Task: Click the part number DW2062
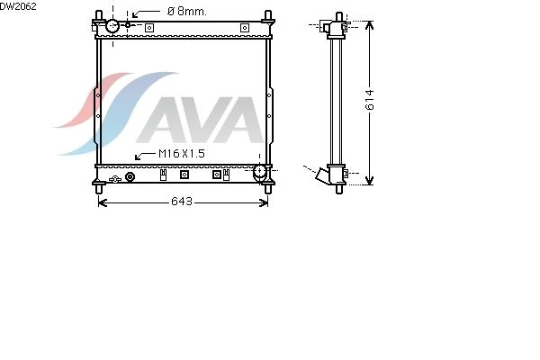point(18,6)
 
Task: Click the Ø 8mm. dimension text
point(187,12)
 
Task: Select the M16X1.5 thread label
point(182,154)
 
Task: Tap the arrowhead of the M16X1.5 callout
point(138,157)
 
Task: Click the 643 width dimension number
point(182,202)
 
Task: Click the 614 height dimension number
point(370,100)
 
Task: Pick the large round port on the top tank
point(112,26)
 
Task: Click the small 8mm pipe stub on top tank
point(128,25)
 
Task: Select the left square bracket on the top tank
point(149,28)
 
